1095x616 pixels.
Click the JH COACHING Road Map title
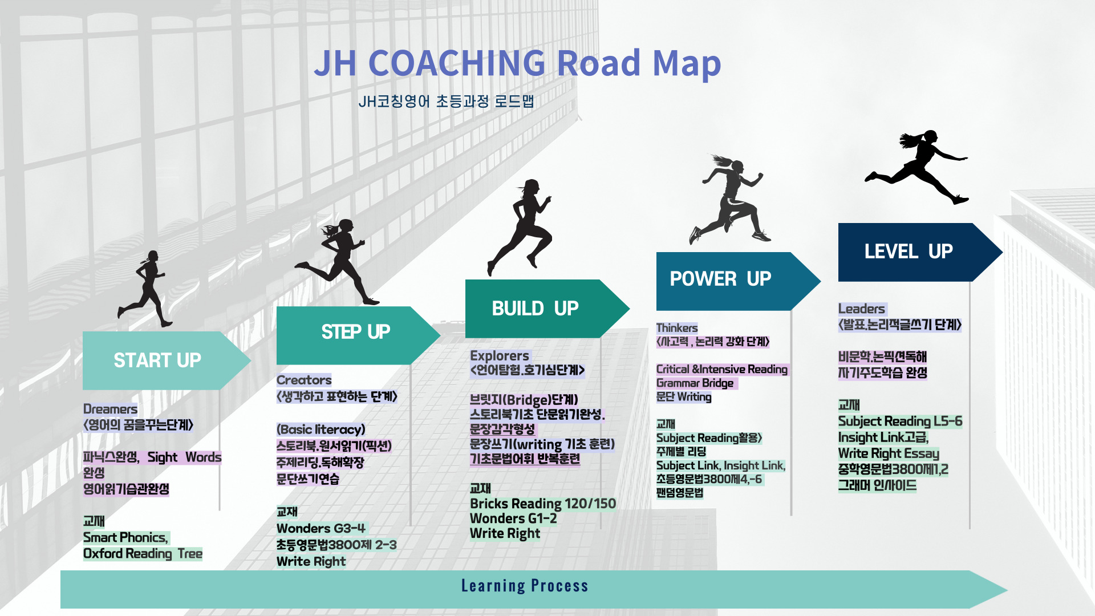click(x=517, y=63)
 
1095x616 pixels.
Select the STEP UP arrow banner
click(x=358, y=335)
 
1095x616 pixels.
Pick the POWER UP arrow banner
click(x=738, y=281)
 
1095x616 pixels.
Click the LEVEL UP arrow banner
click(x=920, y=252)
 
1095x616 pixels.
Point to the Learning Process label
click(x=525, y=586)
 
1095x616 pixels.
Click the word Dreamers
click(x=110, y=409)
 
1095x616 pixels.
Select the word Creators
click(x=304, y=380)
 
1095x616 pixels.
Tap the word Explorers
click(x=500, y=355)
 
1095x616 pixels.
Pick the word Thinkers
click(x=677, y=328)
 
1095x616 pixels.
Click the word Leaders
click(x=862, y=309)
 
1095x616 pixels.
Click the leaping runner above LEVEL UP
click(x=916, y=167)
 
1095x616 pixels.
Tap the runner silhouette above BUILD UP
click(x=520, y=227)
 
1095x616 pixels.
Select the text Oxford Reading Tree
click(x=143, y=553)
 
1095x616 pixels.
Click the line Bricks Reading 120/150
click(x=543, y=504)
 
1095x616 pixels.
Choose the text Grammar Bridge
click(x=695, y=383)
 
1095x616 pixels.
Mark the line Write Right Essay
click(x=889, y=453)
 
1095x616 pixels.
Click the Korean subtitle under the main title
click(x=446, y=102)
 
